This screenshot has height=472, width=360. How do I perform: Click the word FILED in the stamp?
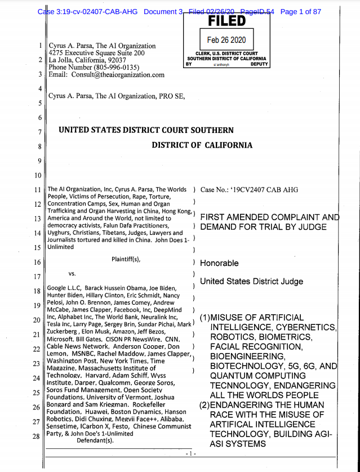pyautogui.click(x=227, y=21)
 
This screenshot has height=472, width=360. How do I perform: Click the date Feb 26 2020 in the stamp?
pyautogui.click(x=228, y=41)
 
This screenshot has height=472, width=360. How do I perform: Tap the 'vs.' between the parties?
pyautogui.click(x=73, y=274)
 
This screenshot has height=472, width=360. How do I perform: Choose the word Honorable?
pyautogui.click(x=219, y=263)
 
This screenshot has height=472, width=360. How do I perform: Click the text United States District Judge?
pyautogui.click(x=251, y=282)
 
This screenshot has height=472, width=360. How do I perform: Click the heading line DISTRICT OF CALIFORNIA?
pyautogui.click(x=202, y=145)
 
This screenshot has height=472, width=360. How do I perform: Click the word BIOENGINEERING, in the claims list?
pyautogui.click(x=246, y=357)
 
